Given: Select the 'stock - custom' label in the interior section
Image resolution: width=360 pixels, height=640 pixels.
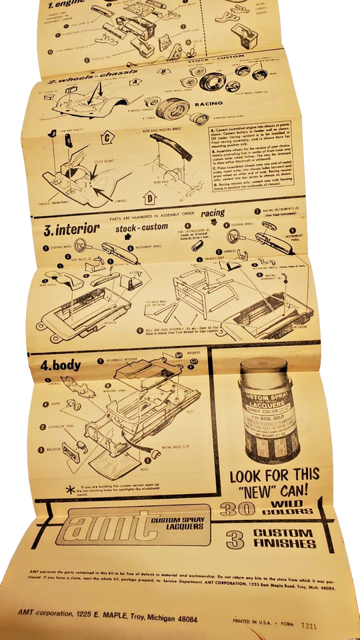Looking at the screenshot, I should tap(141, 227).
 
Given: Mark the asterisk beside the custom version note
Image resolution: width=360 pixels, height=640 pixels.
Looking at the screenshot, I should tap(69, 488).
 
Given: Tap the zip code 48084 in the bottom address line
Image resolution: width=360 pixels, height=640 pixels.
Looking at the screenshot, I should tap(182, 619).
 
